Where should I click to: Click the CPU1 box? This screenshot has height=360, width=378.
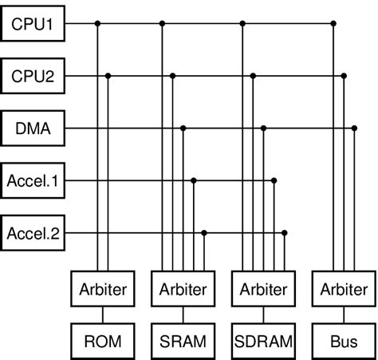[32, 24]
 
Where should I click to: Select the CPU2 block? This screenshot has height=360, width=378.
[32, 77]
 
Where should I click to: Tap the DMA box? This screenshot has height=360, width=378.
[32, 129]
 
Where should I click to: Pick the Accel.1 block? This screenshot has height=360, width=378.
[32, 180]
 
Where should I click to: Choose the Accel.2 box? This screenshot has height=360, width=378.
[32, 233]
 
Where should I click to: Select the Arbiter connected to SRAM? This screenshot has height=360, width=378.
[182, 288]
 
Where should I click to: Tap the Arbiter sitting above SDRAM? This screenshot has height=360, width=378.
[262, 288]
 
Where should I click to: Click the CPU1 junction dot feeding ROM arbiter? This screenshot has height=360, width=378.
[97, 24]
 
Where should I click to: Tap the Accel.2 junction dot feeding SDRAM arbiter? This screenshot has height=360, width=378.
[285, 233]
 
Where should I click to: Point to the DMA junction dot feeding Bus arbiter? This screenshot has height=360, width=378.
[352, 129]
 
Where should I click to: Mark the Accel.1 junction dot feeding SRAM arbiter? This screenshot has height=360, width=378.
[194, 180]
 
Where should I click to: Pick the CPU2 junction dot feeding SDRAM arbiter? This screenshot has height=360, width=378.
[254, 77]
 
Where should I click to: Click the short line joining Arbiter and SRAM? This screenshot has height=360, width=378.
[182, 314]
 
